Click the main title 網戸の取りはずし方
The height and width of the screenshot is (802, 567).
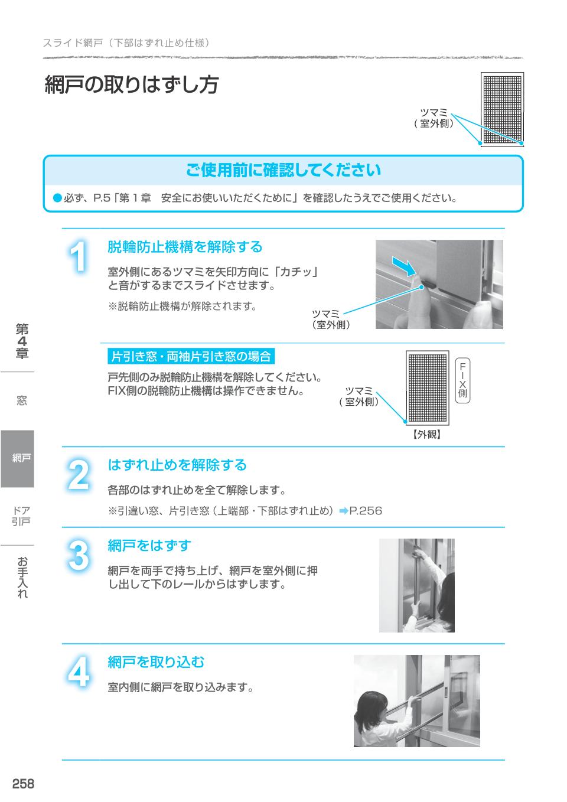pos(132,85)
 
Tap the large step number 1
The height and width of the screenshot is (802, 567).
pos(78,258)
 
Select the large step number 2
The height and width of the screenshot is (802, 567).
pos(78,476)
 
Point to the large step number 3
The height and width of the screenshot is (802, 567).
pos(78,556)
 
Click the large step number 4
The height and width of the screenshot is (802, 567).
pos(78,672)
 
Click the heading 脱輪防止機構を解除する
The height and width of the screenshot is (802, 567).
pos(184,246)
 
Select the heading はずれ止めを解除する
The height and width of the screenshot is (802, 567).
pos(177,465)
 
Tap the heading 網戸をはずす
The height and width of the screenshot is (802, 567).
pos(149,546)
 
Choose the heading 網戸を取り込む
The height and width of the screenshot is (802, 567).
pos(156,662)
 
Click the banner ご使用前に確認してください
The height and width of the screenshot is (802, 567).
pos(283,171)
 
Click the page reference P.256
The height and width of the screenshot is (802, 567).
pos(366,510)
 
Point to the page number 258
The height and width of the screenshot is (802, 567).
pos(24,784)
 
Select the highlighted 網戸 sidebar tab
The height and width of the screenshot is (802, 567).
pos(18,458)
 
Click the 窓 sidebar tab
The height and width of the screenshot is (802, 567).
pos(21,401)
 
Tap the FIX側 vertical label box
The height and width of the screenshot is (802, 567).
pos(462,379)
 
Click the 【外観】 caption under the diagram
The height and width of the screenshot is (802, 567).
pos(426,435)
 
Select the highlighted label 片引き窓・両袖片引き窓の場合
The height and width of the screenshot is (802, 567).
pos(191,356)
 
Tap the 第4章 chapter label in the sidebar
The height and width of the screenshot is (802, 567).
pos(22,341)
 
